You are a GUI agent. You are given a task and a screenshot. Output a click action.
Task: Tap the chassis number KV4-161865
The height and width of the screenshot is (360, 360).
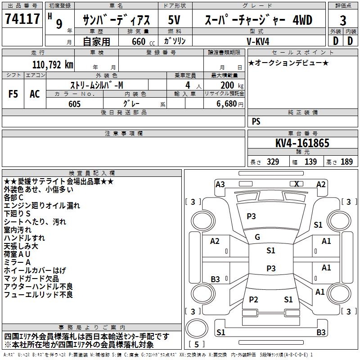pos(302,144)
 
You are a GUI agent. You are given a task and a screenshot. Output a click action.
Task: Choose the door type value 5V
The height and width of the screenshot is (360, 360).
pos(175,20)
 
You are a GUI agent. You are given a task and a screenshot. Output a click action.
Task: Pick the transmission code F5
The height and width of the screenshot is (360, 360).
pos(13,94)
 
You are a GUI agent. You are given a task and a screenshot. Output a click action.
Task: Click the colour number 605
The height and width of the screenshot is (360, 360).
pos(75,104)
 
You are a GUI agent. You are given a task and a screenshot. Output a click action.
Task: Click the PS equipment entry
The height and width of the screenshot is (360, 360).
pos(256,121)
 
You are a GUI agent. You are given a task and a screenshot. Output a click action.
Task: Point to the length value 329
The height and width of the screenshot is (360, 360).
pos(271,162)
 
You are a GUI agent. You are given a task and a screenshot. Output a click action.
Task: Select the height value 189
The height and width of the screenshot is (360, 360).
pos(346,162)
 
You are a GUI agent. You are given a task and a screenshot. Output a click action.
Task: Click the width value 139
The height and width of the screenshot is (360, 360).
pos(310,162)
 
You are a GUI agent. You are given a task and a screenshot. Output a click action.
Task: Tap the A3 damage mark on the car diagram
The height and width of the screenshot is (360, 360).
pos(220,184)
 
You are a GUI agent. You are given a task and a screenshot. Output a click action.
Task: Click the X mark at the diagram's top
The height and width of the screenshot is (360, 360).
pos(296,184)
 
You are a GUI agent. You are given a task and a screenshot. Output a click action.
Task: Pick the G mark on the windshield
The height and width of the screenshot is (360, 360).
pos(257,237)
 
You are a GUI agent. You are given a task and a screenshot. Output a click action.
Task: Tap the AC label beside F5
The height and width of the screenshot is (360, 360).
pos(35,94)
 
